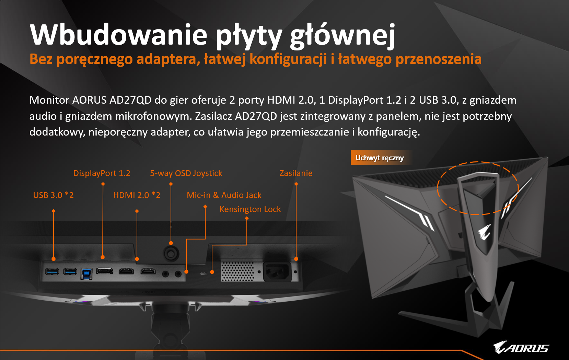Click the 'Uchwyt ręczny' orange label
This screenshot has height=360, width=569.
click(380, 158)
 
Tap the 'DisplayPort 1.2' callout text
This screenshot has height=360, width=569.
click(102, 173)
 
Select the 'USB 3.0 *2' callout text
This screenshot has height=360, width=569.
click(53, 195)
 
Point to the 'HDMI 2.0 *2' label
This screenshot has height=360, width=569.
click(137, 195)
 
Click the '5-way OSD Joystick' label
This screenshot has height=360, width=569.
click(186, 173)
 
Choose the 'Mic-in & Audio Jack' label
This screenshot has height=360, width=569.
click(224, 195)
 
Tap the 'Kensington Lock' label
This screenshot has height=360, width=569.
click(250, 209)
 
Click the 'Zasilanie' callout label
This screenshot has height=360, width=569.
click(296, 173)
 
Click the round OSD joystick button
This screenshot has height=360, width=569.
click(171, 253)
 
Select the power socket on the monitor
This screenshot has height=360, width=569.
click(277, 271)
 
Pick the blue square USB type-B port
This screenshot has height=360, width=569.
click(86, 274)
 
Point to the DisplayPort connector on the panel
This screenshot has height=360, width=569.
click(105, 271)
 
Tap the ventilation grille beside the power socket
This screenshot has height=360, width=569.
click(237, 272)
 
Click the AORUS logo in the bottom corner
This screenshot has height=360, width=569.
click(521, 347)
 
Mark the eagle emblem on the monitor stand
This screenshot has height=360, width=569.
click(484, 231)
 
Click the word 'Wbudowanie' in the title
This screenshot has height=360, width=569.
click(119, 34)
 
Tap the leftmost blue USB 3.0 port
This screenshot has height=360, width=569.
click(52, 271)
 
